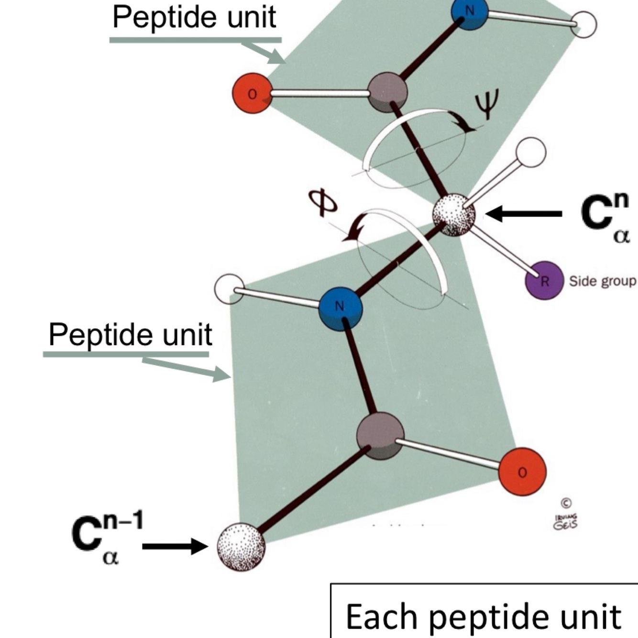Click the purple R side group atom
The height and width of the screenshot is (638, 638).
[544, 281]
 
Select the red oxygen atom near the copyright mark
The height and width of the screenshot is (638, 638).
[522, 472]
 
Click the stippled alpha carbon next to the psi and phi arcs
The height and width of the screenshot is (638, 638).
[454, 215]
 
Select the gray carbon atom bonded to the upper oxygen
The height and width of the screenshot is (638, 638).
[387, 92]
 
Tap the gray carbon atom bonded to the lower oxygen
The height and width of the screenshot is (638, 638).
[380, 436]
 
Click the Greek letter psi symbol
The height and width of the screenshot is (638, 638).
[486, 104]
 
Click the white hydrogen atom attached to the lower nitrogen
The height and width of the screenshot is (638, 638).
[230, 289]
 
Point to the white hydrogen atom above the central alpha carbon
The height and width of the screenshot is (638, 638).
[531, 152]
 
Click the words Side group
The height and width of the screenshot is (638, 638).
[602, 281]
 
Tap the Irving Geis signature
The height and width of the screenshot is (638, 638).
[565, 522]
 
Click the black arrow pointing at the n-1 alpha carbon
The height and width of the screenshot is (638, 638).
[175, 546]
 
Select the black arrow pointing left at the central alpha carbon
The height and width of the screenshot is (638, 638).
[524, 214]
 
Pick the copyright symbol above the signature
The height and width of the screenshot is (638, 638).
[566, 503]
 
